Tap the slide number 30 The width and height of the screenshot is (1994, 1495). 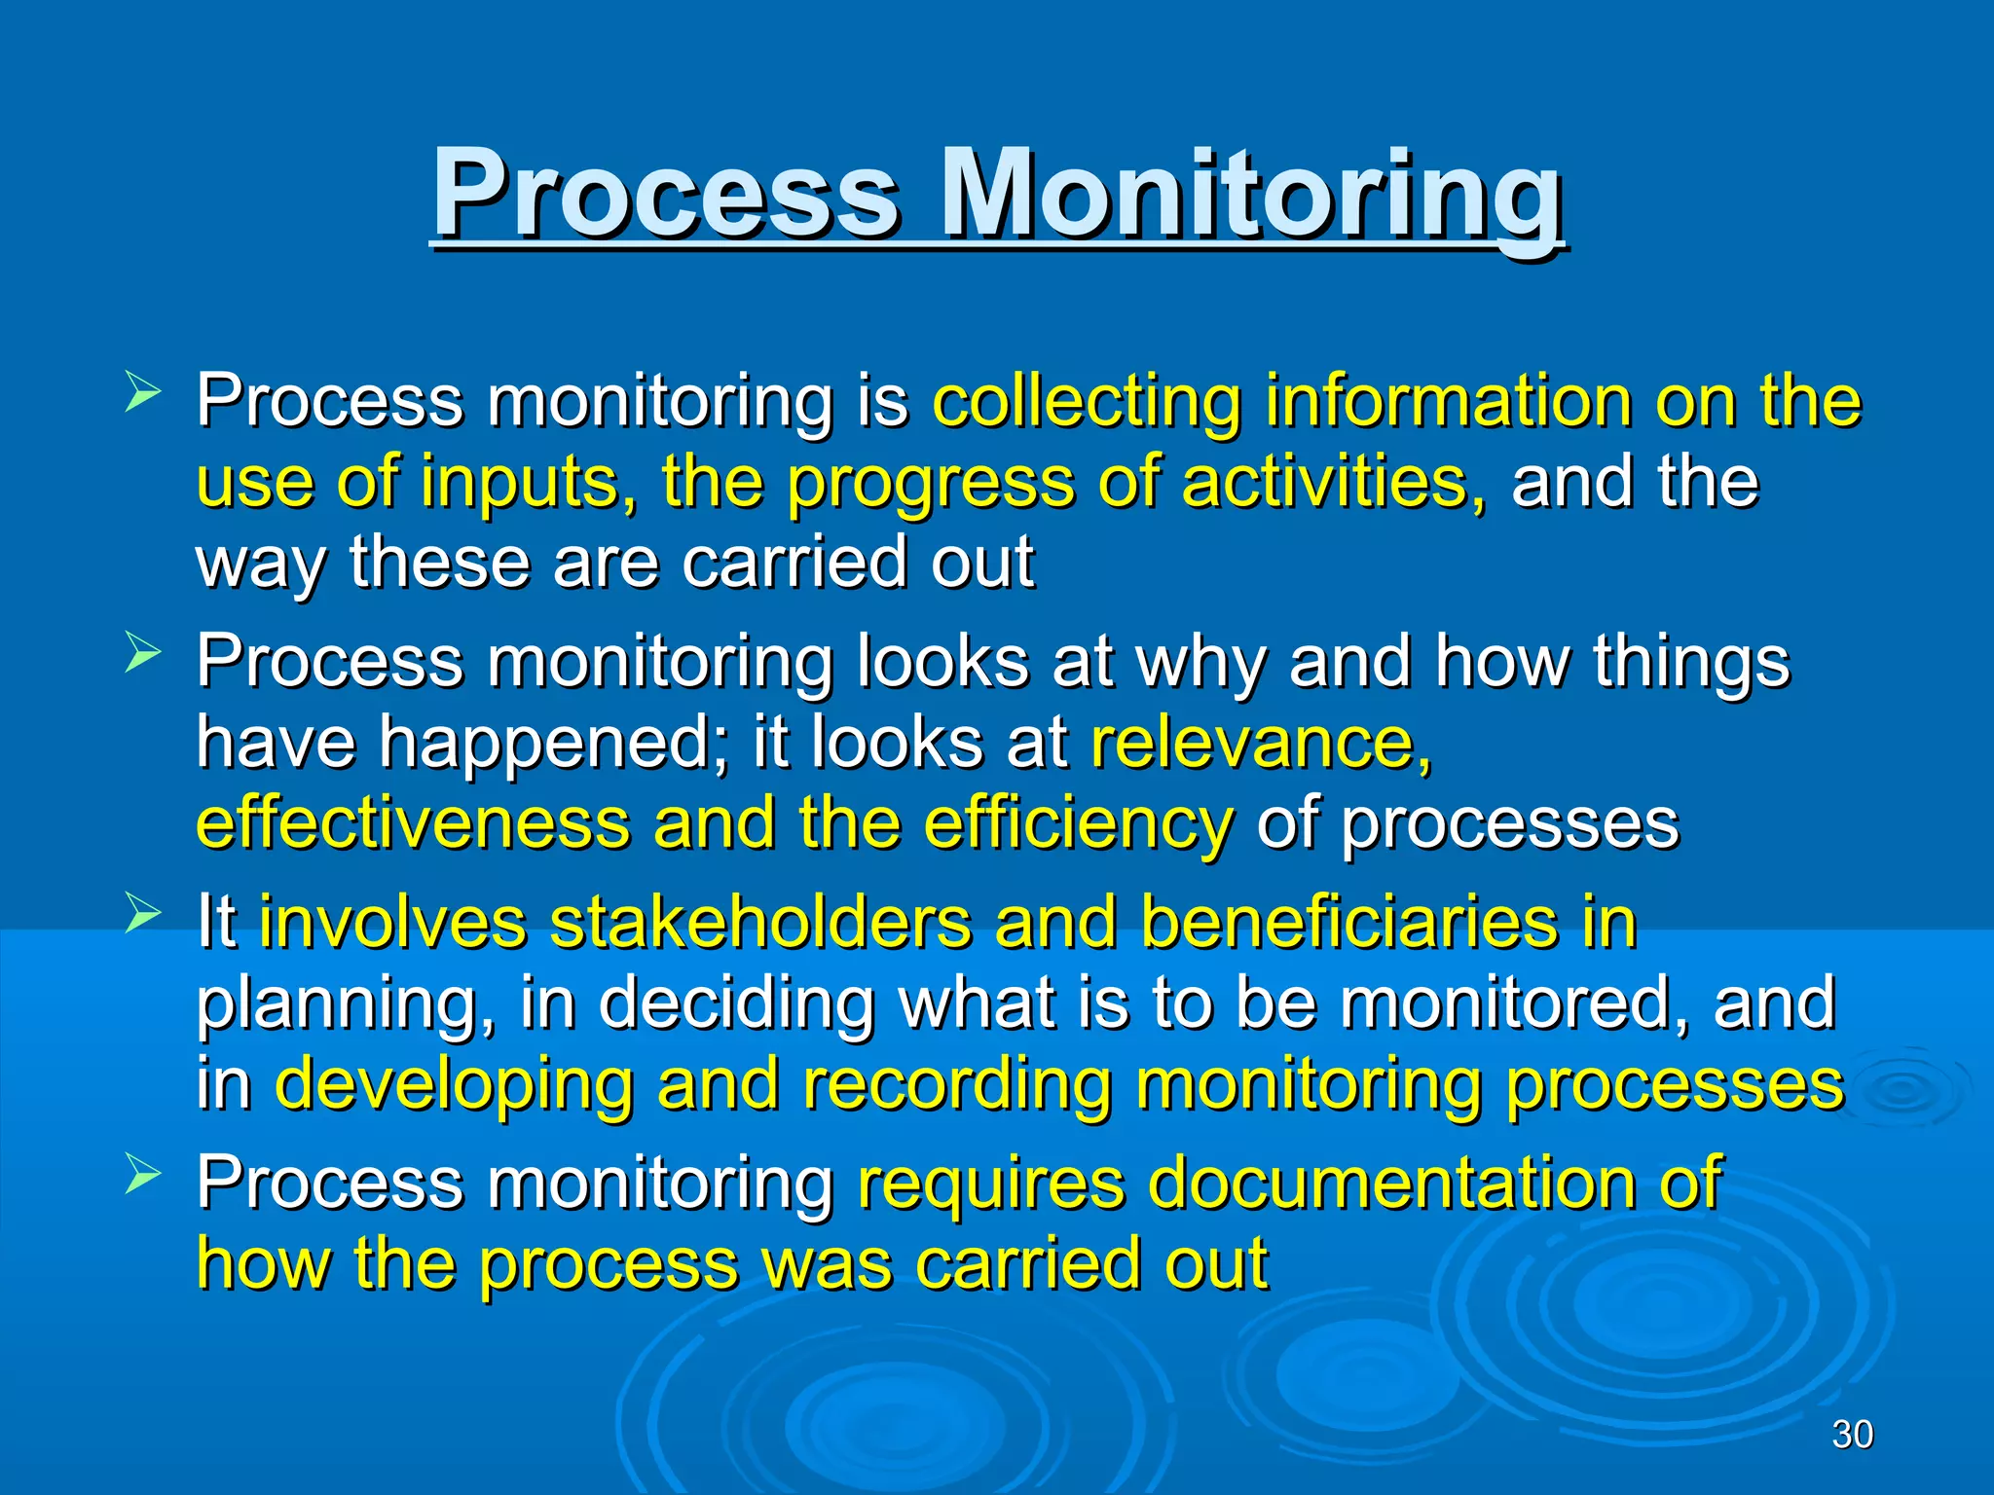coord(1852,1434)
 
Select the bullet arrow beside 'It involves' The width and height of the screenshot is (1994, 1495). coord(142,915)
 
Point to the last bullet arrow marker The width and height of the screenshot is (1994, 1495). coord(142,1176)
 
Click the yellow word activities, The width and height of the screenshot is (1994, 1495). coord(1334,483)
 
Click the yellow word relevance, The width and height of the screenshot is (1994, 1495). coord(1261,743)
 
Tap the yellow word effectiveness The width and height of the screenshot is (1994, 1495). coord(413,823)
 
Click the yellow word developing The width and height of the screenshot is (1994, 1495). coord(454,1084)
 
